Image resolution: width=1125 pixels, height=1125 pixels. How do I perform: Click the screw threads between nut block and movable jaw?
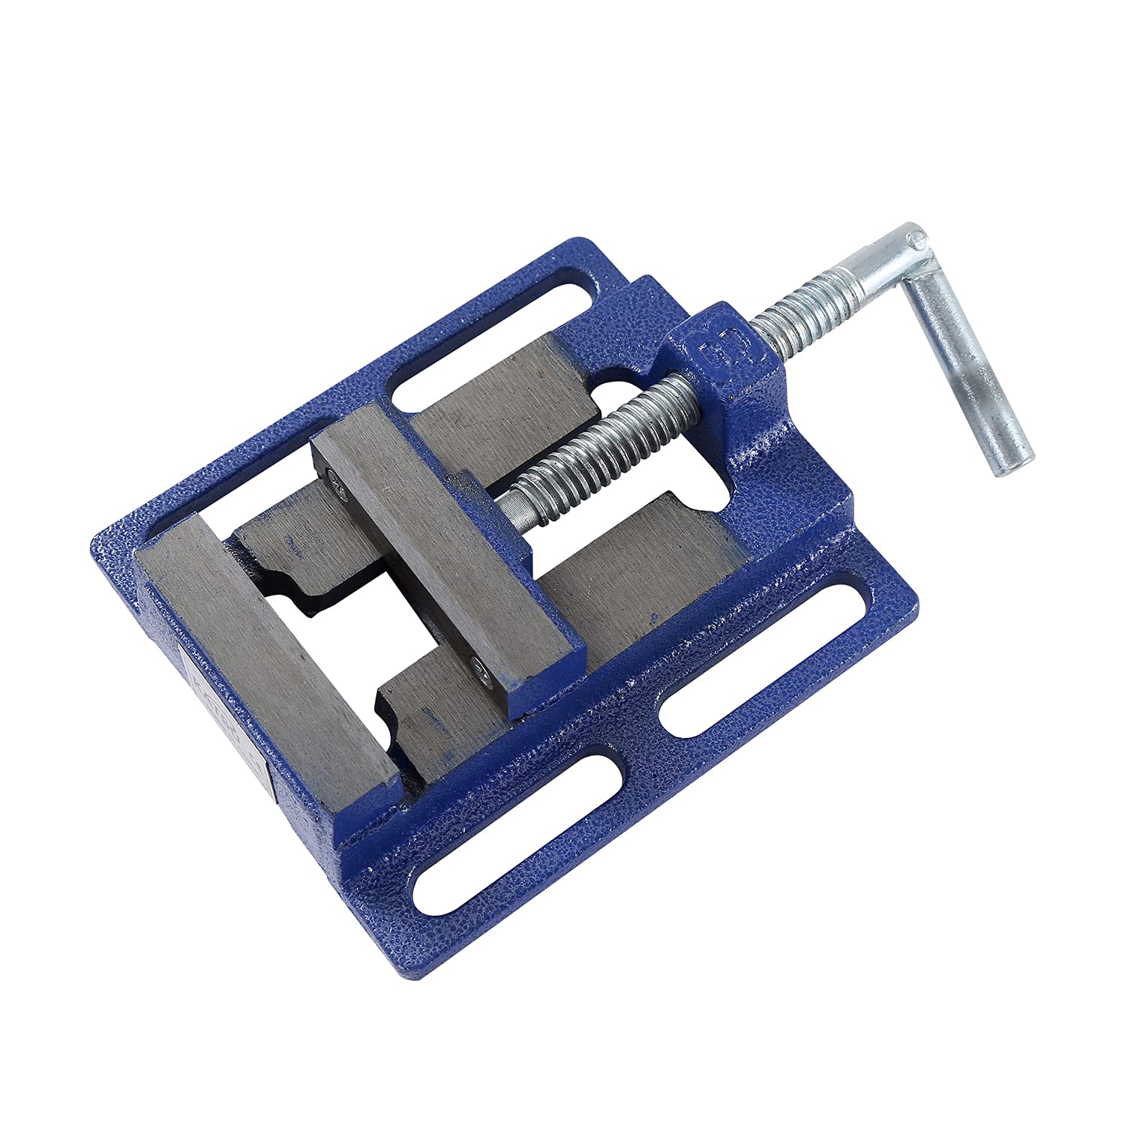600,442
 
